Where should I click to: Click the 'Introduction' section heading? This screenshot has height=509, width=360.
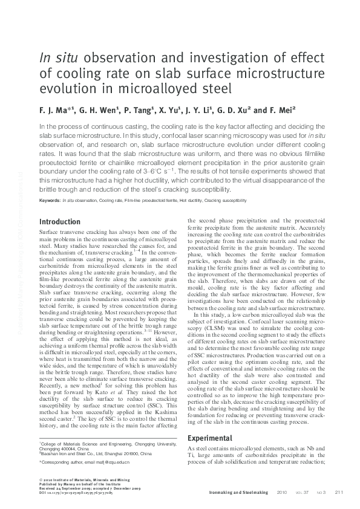pos(59,222)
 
